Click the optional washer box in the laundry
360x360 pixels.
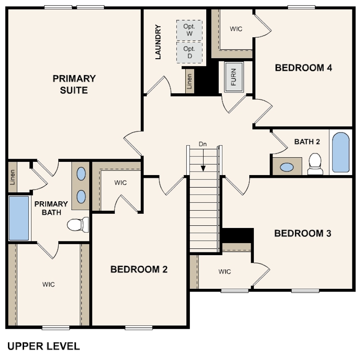(x=189, y=30)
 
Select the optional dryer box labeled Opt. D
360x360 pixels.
(x=189, y=52)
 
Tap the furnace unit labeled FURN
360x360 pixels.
(x=234, y=77)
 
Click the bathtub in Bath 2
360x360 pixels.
(x=341, y=152)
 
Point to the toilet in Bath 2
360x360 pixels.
(x=315, y=164)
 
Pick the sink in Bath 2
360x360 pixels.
(x=287, y=167)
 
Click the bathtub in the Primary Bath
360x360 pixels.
(x=19, y=218)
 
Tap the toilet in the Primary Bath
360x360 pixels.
(x=78, y=224)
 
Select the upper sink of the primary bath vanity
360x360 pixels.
(x=81, y=174)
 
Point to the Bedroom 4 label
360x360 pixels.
(x=303, y=68)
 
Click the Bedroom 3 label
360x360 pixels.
(x=303, y=233)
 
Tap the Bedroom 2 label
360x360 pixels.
(x=139, y=269)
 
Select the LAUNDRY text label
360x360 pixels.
(x=158, y=42)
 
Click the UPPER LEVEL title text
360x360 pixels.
(x=44, y=346)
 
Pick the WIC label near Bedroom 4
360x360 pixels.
(x=236, y=29)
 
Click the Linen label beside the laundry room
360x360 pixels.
(x=189, y=81)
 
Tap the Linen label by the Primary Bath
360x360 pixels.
(x=12, y=177)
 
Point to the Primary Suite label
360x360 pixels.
(x=74, y=84)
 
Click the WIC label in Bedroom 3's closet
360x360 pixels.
(x=224, y=272)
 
